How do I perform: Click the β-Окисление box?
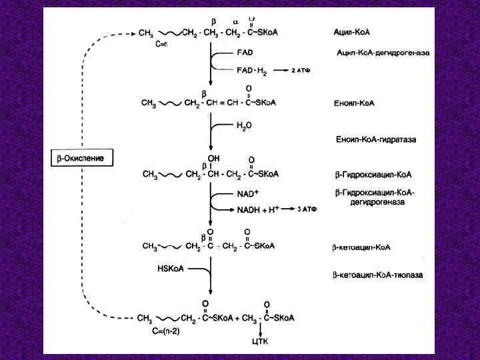point(83,158)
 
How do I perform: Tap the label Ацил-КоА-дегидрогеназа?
point(382,52)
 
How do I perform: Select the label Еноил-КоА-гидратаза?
point(375,139)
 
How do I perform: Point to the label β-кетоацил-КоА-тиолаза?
point(377,274)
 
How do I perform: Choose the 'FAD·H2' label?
point(251,69)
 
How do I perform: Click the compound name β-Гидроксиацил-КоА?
point(373,175)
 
